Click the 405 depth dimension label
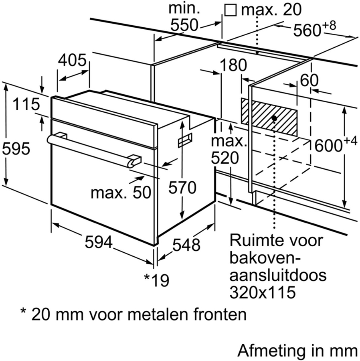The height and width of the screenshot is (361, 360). point(72,61)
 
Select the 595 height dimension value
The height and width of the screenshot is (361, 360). point(16,149)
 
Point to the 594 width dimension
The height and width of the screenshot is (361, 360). point(98,242)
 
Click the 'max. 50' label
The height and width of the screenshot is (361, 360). point(120,193)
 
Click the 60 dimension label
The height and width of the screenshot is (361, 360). point(309,80)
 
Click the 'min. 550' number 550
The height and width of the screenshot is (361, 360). point(184,25)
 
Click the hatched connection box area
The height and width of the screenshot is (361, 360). point(269,116)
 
